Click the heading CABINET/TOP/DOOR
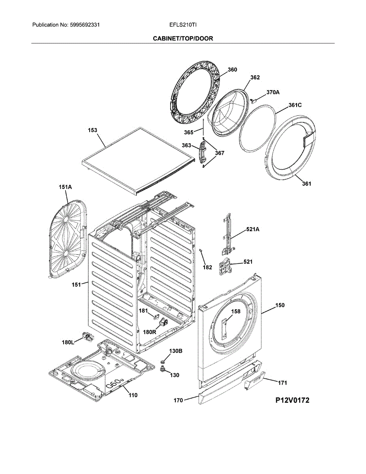183,38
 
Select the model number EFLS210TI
183,25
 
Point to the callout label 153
92,130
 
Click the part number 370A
272,92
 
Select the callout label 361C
295,105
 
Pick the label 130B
176,351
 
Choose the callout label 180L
68,342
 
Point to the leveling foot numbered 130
162,370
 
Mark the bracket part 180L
87,337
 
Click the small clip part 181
156,317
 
